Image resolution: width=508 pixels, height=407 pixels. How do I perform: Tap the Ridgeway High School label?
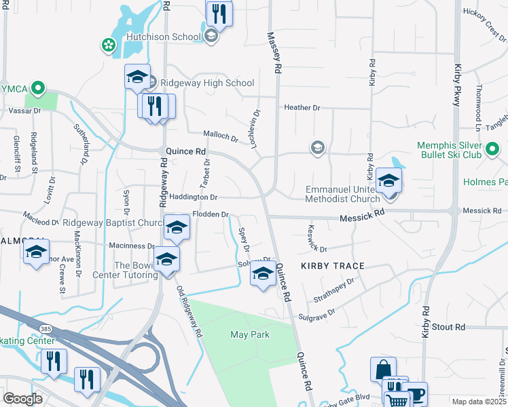pos(202,83)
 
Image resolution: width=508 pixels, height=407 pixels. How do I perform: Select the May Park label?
pos(250,334)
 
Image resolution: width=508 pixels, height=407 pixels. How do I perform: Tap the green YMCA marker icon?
pos(39,88)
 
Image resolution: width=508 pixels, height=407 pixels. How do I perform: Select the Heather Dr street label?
pos(302,108)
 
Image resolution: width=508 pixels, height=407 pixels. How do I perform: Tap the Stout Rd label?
pos(449,327)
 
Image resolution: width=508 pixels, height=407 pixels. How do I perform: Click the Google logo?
pos(22,399)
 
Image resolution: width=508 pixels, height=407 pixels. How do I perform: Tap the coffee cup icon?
pos(414,393)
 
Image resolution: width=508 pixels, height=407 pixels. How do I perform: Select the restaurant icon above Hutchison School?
pos(219,12)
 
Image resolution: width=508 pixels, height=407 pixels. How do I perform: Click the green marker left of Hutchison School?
pos(107,45)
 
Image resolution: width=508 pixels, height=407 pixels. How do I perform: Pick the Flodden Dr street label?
pos(210,214)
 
